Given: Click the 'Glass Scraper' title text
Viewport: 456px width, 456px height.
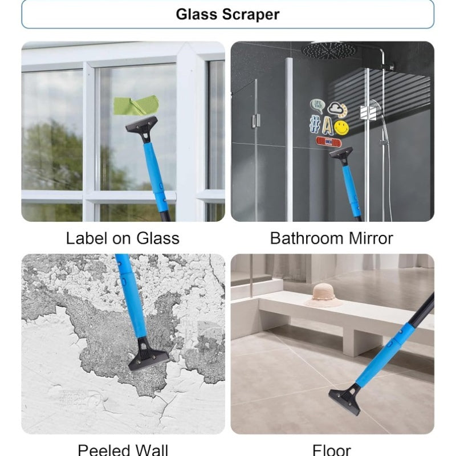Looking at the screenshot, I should [x=227, y=14].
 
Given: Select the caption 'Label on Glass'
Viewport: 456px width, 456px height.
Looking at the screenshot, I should [x=123, y=238].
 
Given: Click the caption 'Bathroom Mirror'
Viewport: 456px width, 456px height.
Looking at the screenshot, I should [x=332, y=238].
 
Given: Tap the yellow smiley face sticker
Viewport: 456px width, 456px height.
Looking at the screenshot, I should [x=341, y=127].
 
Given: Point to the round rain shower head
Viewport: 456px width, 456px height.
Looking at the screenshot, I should [x=329, y=50].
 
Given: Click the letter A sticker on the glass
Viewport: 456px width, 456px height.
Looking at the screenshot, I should [x=327, y=125].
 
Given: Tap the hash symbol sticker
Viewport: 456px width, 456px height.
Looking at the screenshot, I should [x=315, y=121].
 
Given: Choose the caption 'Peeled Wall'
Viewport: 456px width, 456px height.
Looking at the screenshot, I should [x=123, y=450].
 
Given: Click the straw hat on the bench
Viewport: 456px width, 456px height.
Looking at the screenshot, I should [x=324, y=295].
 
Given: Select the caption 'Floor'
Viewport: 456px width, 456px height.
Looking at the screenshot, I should [x=332, y=450].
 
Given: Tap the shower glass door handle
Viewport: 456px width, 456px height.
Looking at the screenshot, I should [x=256, y=120].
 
